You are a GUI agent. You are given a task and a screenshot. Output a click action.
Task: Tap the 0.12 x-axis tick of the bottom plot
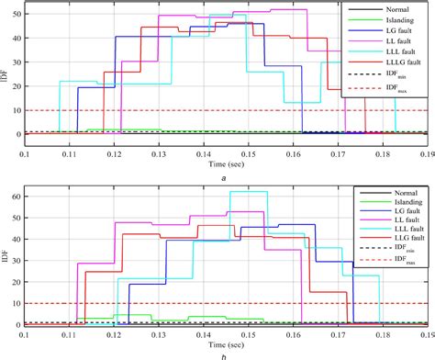114,332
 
